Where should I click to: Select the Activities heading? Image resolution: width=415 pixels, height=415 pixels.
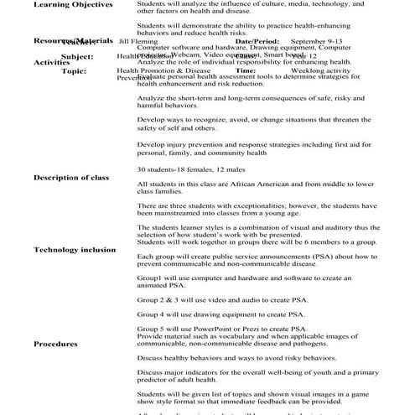pos(51,62)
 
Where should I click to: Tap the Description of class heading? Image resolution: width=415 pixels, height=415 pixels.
pos(70,178)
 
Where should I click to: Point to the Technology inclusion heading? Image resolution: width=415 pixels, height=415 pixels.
pos(75,250)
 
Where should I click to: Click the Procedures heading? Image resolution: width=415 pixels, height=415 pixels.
pos(55,344)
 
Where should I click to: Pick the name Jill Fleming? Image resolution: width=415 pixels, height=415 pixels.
pos(137,40)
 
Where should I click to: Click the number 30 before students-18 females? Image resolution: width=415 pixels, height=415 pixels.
pos(142,169)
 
